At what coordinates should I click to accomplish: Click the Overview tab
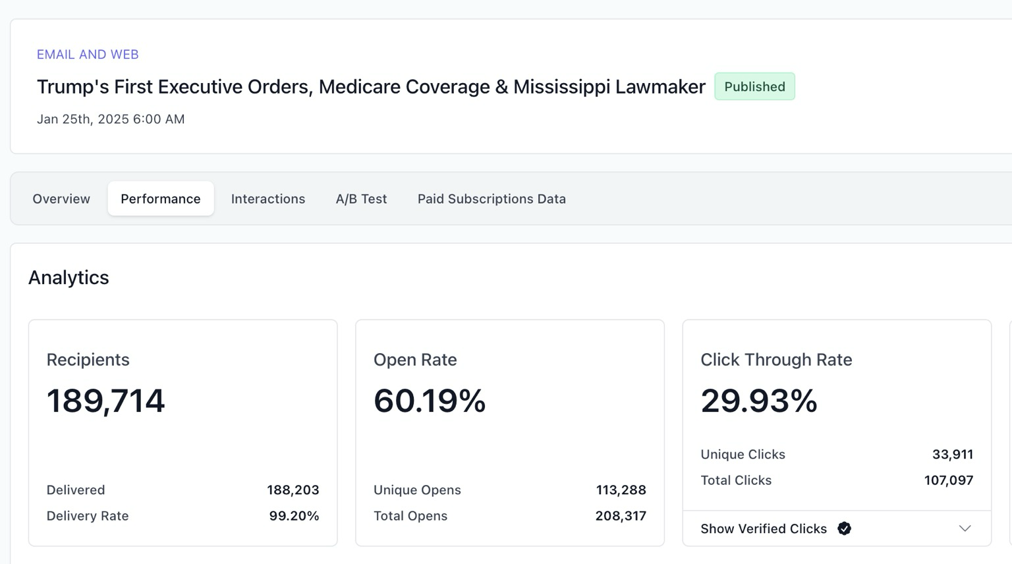[61, 199]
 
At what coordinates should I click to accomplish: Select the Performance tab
[160, 199]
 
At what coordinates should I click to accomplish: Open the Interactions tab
[268, 199]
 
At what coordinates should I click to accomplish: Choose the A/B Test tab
[361, 199]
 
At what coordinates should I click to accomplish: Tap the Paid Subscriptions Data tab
[492, 199]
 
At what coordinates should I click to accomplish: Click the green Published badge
[754, 86]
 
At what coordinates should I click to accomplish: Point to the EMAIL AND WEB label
[88, 54]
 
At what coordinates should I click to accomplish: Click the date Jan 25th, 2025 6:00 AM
[111, 119]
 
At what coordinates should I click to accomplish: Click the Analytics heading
[69, 277]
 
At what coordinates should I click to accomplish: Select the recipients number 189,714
[105, 401]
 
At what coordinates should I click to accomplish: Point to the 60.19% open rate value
[430, 401]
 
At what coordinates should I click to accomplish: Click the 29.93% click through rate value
[759, 401]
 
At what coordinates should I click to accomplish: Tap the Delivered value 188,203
[293, 490]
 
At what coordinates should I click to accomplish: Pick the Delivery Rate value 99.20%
[294, 516]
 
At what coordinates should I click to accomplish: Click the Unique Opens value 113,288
[621, 490]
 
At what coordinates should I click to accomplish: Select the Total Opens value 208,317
[621, 516]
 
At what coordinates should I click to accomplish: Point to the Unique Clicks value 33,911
[953, 454]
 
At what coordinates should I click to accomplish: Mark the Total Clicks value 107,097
[949, 480]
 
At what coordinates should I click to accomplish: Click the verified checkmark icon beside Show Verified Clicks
[845, 528]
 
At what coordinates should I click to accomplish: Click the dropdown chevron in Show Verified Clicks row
[965, 528]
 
